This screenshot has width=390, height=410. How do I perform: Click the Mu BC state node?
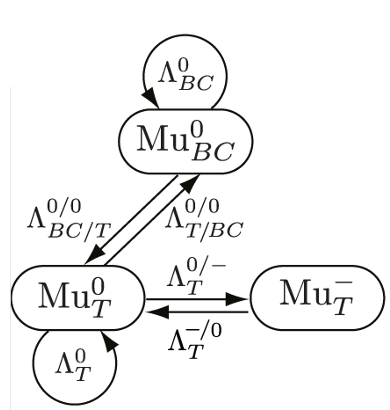click(185, 141)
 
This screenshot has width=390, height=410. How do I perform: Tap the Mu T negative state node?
click(317, 298)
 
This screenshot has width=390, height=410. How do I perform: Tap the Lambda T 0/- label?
click(195, 279)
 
